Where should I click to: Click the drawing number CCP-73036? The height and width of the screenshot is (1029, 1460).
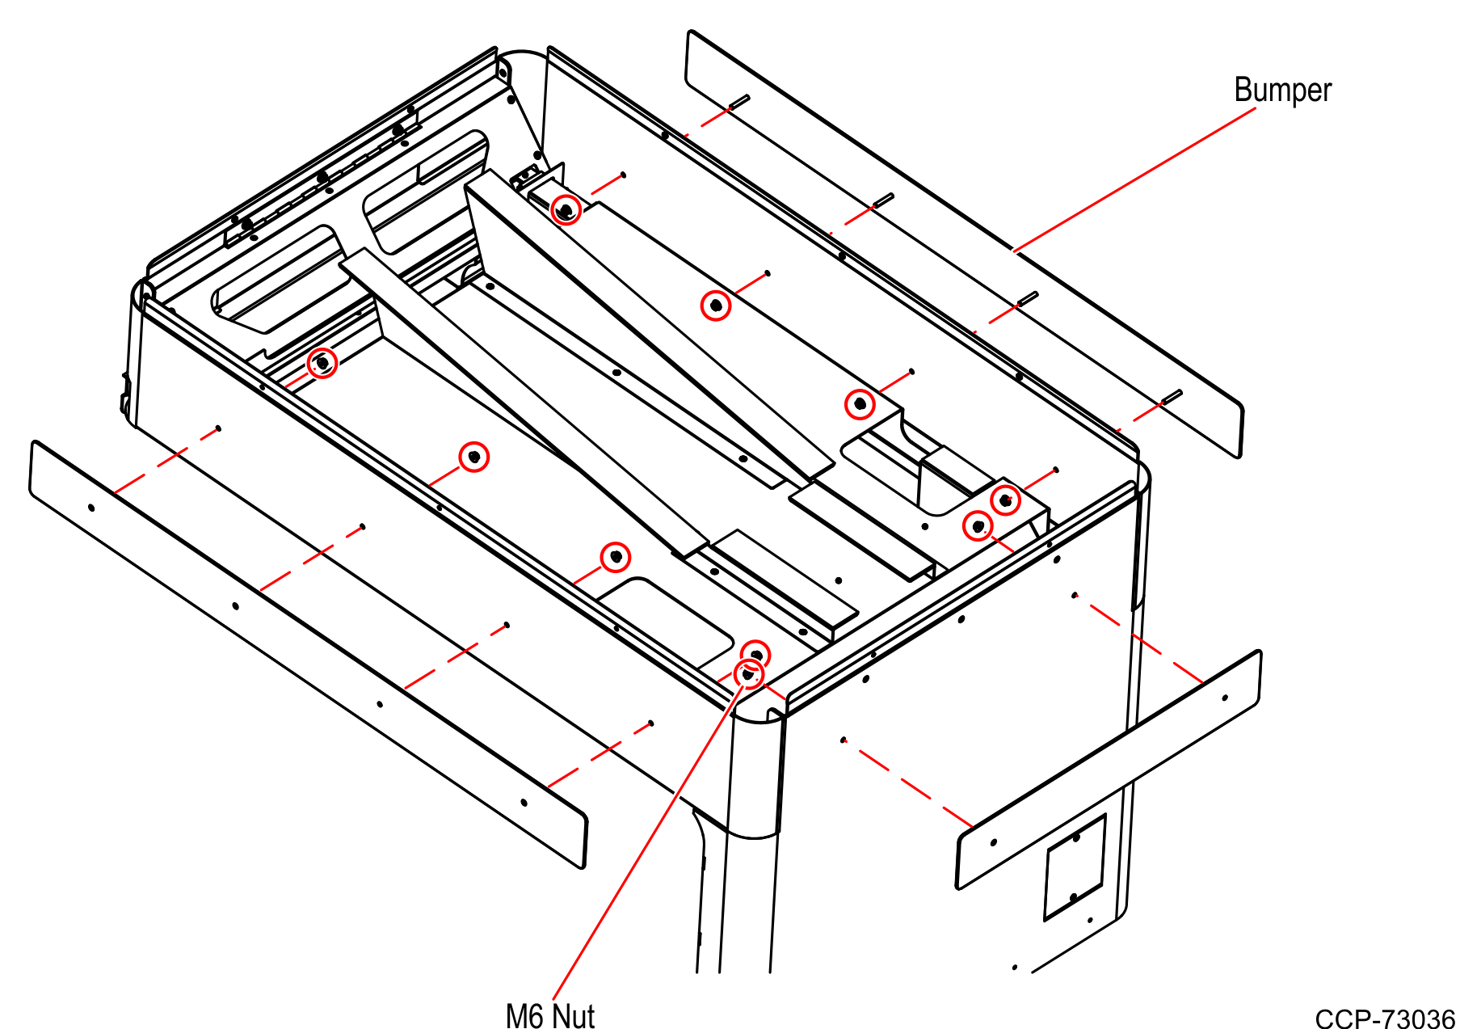[x=1384, y=1018]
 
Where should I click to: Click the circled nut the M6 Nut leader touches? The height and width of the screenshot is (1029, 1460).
[x=748, y=673]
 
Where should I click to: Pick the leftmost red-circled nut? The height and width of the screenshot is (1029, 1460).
[x=322, y=363]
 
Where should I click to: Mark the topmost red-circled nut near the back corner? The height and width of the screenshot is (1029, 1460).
[x=566, y=209]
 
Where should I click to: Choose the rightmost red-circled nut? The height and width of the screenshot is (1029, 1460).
[x=1005, y=500]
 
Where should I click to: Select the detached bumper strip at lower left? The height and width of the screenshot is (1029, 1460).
[x=307, y=655]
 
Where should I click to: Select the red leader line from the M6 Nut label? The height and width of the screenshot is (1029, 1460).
[x=646, y=841]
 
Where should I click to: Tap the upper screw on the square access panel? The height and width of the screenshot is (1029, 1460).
[x=1076, y=838]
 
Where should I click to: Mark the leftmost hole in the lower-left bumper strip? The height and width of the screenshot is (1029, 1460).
[x=91, y=508]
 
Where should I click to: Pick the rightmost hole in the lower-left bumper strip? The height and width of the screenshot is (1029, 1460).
[x=524, y=802]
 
